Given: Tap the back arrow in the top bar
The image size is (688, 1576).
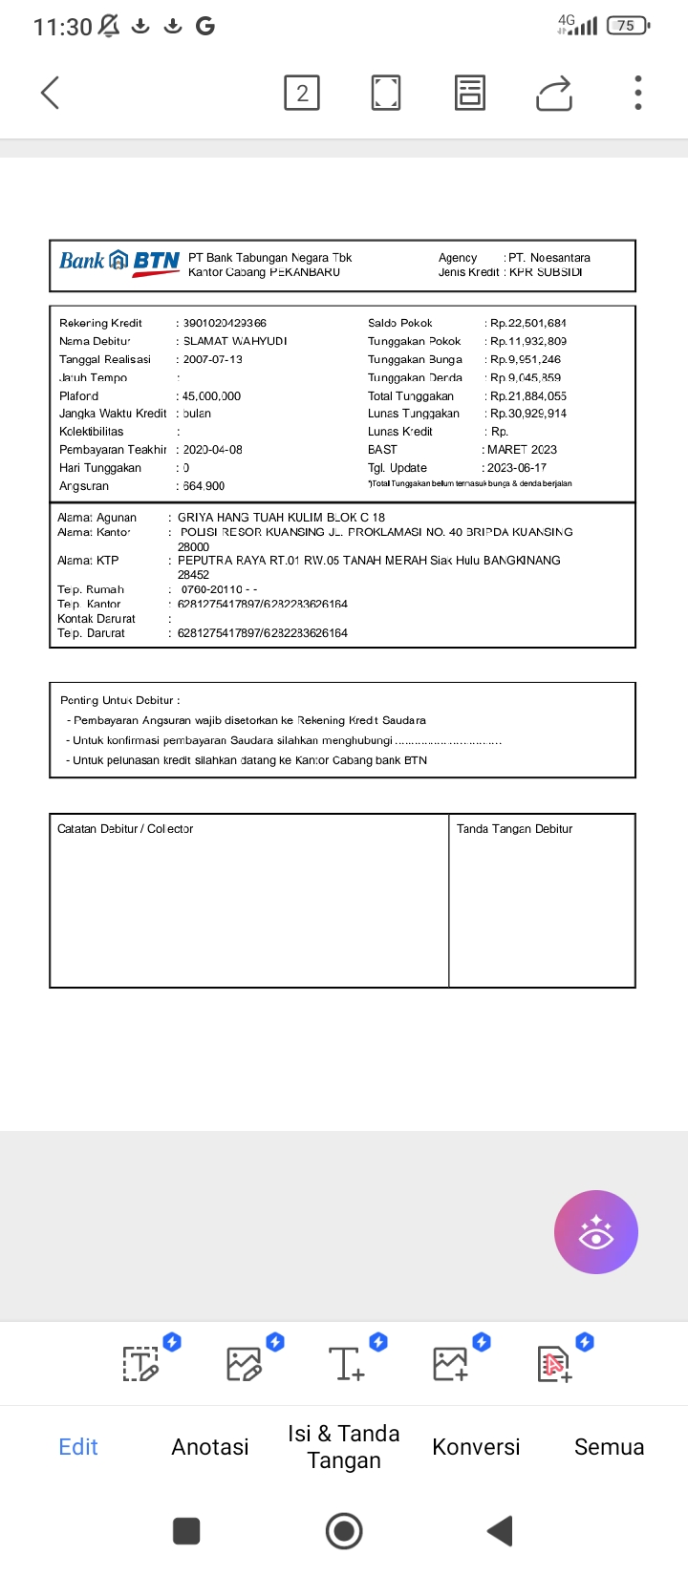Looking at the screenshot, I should coord(51,93).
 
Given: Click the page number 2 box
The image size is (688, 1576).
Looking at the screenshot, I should coord(302,93).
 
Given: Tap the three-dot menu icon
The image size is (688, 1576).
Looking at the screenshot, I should coord(638,93).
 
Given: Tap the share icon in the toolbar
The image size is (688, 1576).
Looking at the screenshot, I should coord(554,93).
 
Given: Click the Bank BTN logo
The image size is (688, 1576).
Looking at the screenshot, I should coord(119,262).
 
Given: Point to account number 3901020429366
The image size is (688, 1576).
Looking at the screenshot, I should coord(225,323).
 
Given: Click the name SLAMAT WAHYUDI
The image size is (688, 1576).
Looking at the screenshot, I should coord(235,341).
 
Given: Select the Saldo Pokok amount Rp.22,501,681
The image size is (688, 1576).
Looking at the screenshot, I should coord(528,323).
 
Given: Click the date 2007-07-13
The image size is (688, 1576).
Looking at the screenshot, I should coord(213,359).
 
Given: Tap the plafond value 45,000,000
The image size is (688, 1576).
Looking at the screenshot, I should coord(212,395).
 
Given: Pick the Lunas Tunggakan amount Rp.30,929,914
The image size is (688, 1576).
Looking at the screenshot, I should coord(528,414).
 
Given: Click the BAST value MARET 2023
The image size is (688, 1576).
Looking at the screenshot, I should coord(522,450).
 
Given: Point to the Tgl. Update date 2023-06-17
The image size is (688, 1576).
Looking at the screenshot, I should coord(517,468).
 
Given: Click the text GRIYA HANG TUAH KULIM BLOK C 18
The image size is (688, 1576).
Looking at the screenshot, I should coord(281,517).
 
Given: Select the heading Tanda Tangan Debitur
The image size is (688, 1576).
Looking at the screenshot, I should coord(514,829).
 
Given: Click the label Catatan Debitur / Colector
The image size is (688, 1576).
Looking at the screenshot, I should coord(125,829).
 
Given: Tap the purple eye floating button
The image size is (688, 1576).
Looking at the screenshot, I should coord(596,1232).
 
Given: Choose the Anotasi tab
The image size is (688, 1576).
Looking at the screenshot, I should coord(210,1446).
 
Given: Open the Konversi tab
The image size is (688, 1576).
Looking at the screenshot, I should coord(476,1446).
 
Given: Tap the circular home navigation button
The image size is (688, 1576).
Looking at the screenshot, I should coord(344,1531).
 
